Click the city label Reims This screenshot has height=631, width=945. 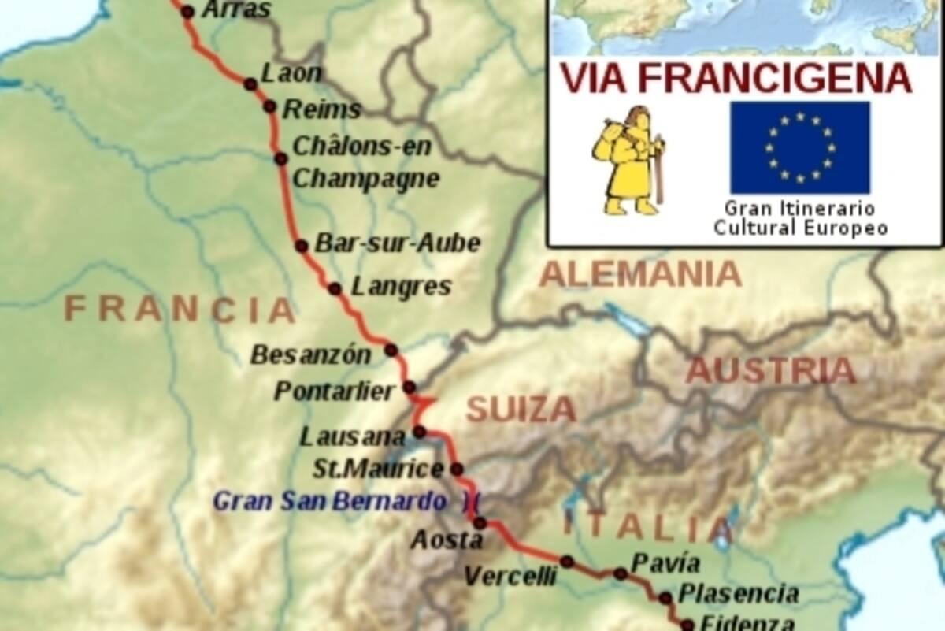pyautogui.click(x=321, y=109)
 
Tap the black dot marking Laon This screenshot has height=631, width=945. pyautogui.click(x=250, y=84)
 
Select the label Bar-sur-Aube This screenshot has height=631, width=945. pyautogui.click(x=397, y=243)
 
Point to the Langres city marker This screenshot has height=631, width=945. pyautogui.click(x=335, y=289)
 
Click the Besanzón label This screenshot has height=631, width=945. pyautogui.click(x=310, y=355)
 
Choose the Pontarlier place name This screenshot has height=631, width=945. pyautogui.click(x=335, y=392)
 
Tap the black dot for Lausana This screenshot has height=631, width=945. pyautogui.click(x=420, y=431)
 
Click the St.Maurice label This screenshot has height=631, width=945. pyautogui.click(x=379, y=470)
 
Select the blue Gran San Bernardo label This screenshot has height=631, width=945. pyautogui.click(x=331, y=501)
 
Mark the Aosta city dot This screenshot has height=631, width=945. pyautogui.click(x=480, y=522)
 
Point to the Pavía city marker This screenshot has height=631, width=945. pyautogui.click(x=621, y=573)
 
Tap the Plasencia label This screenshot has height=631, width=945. pyautogui.click(x=739, y=593)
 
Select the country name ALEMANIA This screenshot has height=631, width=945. pyautogui.click(x=640, y=274)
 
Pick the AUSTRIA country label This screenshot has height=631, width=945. pyautogui.click(x=769, y=370)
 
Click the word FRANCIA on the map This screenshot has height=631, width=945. pyautogui.click(x=180, y=309)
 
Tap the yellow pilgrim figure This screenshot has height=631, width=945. pyautogui.click(x=628, y=161)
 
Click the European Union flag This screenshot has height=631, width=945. pyautogui.click(x=800, y=147)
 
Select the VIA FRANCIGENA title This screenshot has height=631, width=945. pyautogui.click(x=735, y=78)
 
